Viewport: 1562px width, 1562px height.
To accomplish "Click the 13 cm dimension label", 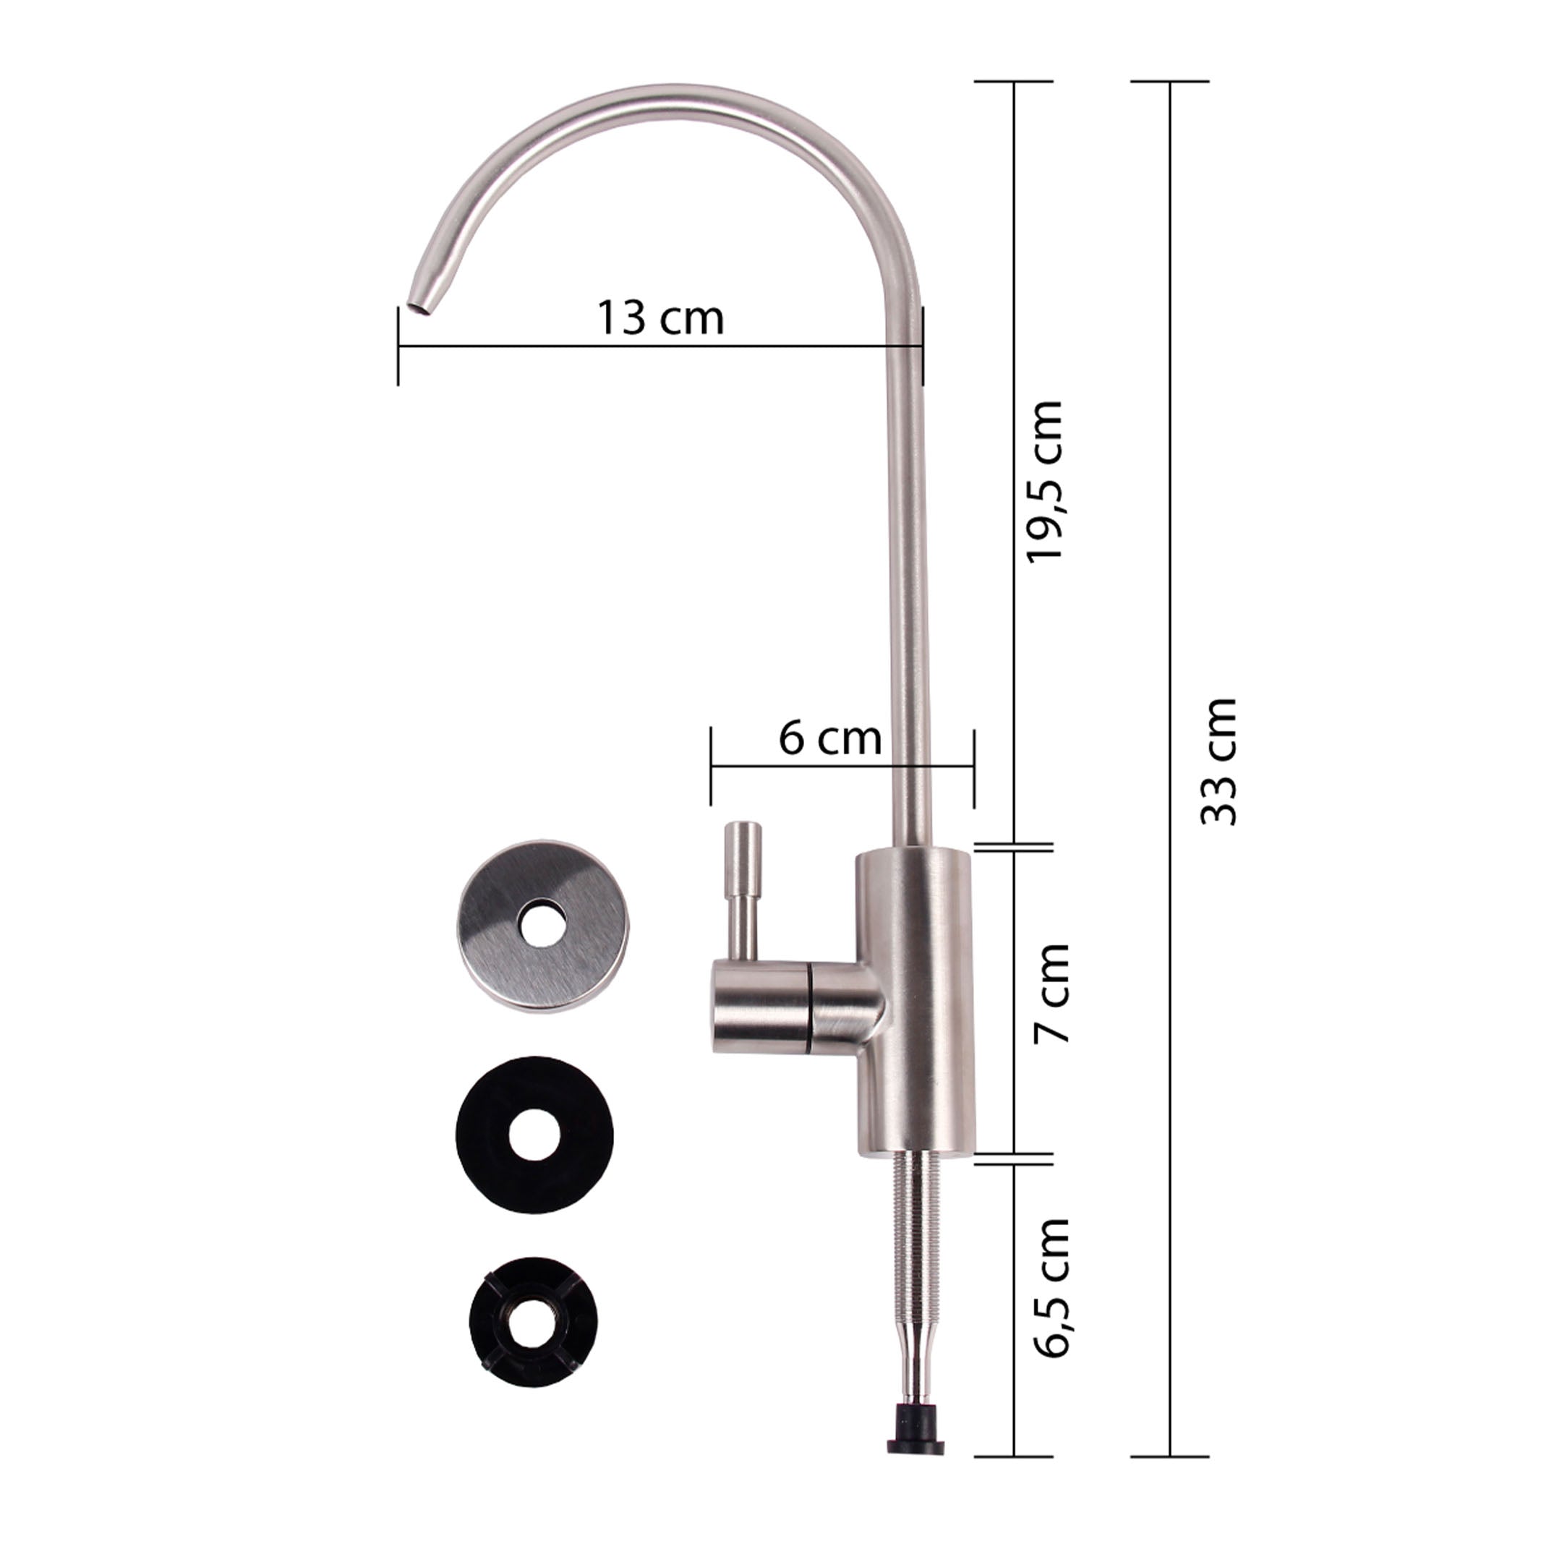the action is (660, 317).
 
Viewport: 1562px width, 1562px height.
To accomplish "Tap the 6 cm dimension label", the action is (829, 738).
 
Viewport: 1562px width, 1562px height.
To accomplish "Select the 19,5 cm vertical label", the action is (1043, 481).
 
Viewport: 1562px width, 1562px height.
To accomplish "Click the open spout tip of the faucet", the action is (419, 306).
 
